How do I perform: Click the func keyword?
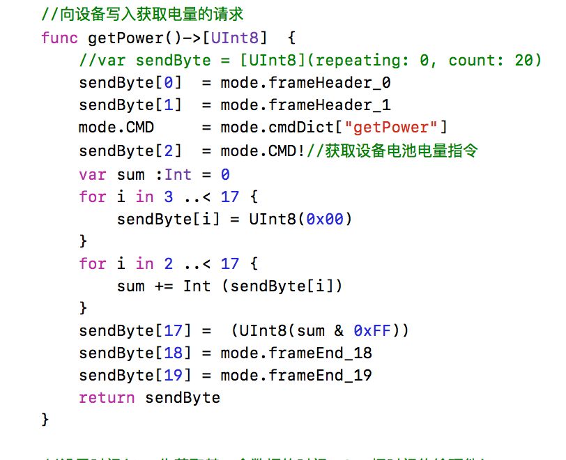(60, 38)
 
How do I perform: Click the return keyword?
(107, 398)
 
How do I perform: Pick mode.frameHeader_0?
(305, 83)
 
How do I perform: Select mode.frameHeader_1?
(305, 105)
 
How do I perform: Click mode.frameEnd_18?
(296, 353)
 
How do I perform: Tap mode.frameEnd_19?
(296, 376)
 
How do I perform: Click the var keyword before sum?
(93, 174)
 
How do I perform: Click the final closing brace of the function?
(46, 420)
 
